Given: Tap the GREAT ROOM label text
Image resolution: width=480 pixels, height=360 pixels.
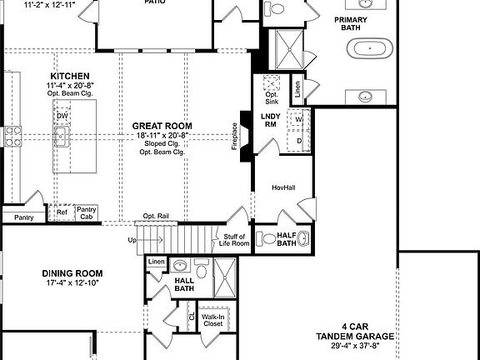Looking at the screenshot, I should [x=162, y=127].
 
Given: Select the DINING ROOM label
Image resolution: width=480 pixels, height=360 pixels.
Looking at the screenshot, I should [x=72, y=273].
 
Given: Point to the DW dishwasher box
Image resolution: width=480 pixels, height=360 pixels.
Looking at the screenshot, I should [x=62, y=116].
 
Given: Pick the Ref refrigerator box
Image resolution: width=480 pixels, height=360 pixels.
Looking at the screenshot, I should [x=62, y=212].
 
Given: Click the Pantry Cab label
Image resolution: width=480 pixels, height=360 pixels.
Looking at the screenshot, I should [x=86, y=213].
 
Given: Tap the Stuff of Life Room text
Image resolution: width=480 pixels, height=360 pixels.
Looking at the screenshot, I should [x=233, y=240].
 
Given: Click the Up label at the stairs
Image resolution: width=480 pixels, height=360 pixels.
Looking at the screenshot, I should [x=131, y=240].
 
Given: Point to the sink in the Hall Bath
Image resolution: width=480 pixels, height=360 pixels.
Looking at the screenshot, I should [x=180, y=266].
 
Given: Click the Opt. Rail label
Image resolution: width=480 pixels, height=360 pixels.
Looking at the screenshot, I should [x=156, y=217].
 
